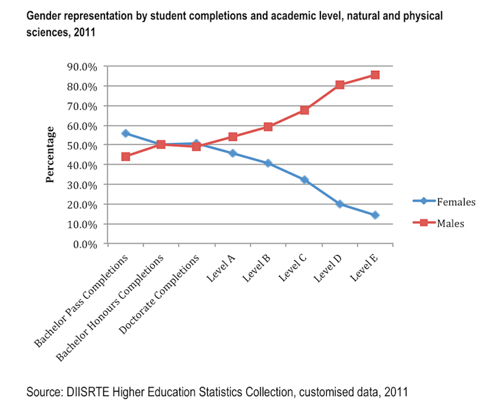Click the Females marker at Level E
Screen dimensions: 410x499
point(375,215)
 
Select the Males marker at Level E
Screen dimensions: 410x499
point(375,75)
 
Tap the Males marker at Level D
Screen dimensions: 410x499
point(340,85)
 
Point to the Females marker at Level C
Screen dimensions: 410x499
point(304,180)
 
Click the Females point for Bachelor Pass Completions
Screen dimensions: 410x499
point(125,133)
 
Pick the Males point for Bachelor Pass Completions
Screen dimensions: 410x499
point(125,157)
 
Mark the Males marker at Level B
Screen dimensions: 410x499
point(268,127)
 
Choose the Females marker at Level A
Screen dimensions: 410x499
point(232,154)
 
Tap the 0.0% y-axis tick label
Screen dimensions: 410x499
point(86,244)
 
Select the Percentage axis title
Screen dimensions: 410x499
point(50,154)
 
